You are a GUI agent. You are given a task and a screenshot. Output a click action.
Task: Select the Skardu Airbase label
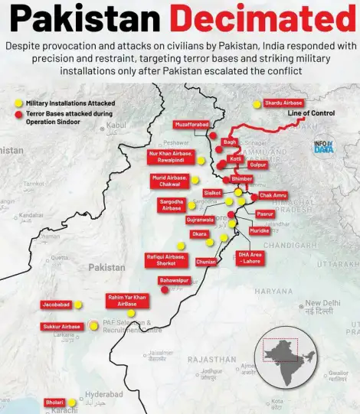pyautogui.click(x=283, y=103)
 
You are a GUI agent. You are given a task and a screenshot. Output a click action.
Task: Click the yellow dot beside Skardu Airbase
pyautogui.click(x=257, y=104)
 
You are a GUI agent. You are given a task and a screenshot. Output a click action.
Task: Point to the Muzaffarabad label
pyautogui.click(x=191, y=124)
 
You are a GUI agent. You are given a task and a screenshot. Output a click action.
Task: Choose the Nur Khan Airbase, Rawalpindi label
pyautogui.click(x=169, y=157)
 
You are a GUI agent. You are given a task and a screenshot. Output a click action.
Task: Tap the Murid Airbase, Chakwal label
pyautogui.click(x=169, y=181)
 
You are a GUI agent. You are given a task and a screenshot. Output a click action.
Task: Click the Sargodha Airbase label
pyautogui.click(x=172, y=204)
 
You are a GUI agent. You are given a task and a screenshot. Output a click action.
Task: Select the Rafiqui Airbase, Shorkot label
pyautogui.click(x=166, y=259)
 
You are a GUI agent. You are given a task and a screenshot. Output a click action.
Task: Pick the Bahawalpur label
pyautogui.click(x=174, y=280)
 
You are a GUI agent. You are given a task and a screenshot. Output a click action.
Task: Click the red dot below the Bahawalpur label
pyautogui.click(x=165, y=289)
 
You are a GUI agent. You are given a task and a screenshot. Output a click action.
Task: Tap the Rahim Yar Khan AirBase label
pyautogui.click(x=127, y=300)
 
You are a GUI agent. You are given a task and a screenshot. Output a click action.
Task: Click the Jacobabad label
pyautogui.click(x=57, y=305)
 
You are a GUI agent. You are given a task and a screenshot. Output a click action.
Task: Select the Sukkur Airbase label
pyautogui.click(x=61, y=327)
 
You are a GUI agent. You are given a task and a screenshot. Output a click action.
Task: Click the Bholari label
pyautogui.click(x=54, y=402)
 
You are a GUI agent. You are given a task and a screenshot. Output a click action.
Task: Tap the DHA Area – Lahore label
pyautogui.click(x=250, y=258)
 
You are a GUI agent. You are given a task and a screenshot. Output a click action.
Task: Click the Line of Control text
pyautogui.click(x=311, y=113)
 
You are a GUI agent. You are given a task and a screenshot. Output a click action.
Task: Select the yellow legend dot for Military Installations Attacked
pyautogui.click(x=19, y=103)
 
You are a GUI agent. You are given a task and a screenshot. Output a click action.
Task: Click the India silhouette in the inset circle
pyautogui.click(x=292, y=357)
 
